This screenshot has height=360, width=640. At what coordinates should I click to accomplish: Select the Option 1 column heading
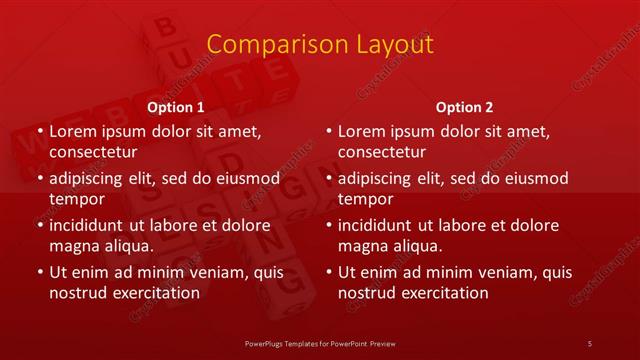176,106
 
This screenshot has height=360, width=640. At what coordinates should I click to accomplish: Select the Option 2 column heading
465,106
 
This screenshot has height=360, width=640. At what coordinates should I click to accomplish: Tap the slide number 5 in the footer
591,343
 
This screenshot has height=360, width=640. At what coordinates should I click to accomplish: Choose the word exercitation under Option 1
153,293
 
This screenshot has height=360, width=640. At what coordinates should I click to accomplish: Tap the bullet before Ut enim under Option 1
38,272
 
